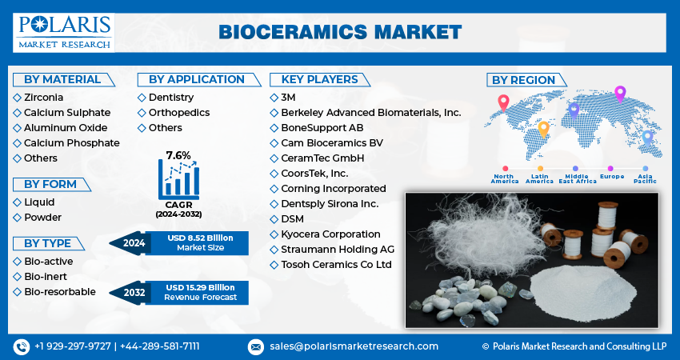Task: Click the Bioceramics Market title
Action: click(x=339, y=32)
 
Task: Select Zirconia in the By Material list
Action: click(x=44, y=97)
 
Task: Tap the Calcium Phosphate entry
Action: click(x=71, y=142)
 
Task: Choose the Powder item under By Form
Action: click(x=42, y=217)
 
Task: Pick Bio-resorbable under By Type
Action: click(x=59, y=291)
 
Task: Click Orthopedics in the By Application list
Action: click(x=178, y=112)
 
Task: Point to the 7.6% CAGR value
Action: click(x=178, y=154)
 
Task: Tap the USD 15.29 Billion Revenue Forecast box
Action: click(x=200, y=292)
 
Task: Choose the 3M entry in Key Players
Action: click(x=289, y=97)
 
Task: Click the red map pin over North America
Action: click(x=503, y=102)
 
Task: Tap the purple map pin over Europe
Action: click(x=619, y=94)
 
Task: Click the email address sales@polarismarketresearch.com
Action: click(x=353, y=346)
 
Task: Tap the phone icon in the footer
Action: click(x=21, y=346)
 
